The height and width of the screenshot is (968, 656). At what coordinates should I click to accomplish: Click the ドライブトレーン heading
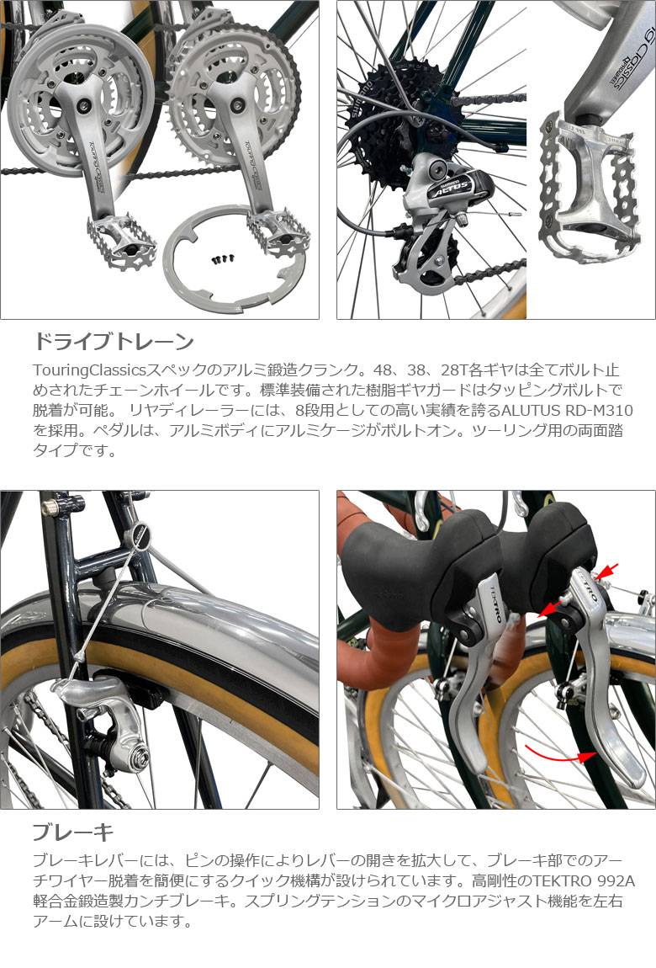114,341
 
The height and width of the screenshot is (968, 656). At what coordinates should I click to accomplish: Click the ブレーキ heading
73,832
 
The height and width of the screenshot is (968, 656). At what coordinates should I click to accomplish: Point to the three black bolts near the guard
224,258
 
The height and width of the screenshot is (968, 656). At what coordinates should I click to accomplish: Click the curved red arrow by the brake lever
560,754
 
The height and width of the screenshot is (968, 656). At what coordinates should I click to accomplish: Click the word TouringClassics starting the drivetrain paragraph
89,370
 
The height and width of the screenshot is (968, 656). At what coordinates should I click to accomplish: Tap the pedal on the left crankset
121,241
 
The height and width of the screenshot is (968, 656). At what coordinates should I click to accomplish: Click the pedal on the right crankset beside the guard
278,233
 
